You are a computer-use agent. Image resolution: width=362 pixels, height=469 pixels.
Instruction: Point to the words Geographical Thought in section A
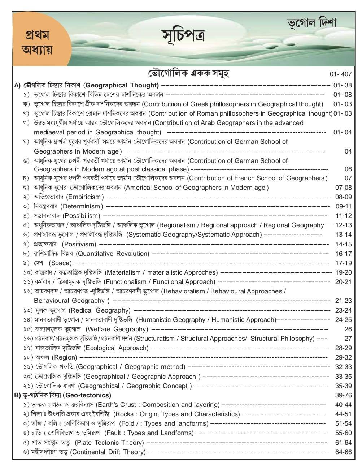tap(122, 86)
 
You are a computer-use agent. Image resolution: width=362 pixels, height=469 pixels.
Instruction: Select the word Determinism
tap(82, 206)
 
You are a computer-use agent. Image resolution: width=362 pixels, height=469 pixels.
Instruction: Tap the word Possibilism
tap(81, 216)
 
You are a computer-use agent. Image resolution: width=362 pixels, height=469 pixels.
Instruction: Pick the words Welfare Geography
tap(117, 329)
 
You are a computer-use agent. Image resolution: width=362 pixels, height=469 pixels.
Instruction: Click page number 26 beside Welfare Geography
tap(348, 329)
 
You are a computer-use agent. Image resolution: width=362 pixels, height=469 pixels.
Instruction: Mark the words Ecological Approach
tap(116, 348)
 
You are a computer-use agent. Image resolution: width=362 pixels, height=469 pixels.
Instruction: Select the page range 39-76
tap(343, 395)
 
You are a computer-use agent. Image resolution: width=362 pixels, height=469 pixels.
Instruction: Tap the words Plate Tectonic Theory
tap(109, 443)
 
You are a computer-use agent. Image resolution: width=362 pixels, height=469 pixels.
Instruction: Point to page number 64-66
tap(343, 452)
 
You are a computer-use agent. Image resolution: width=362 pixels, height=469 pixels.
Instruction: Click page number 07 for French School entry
tap(348, 178)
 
